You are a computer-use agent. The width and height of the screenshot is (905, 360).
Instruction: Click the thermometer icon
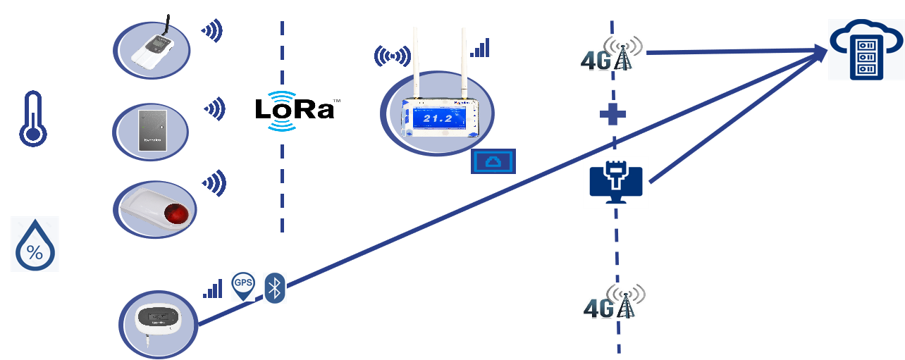32,118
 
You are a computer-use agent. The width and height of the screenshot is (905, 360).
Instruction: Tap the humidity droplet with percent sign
35,244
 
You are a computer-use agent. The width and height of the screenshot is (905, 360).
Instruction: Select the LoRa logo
295,111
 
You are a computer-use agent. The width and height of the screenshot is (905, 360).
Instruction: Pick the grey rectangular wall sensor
151,130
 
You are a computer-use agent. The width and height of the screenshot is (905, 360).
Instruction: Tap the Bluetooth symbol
276,287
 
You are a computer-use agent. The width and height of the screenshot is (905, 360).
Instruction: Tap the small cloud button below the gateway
493,161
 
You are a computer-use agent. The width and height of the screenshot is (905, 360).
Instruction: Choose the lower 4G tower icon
615,301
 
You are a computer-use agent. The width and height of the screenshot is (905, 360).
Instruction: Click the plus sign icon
612,113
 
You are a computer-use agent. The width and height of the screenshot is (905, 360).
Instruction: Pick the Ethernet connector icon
615,182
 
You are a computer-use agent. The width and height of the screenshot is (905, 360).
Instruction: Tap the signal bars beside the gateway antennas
480,48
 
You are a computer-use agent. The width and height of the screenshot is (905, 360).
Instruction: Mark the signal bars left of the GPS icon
212,288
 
